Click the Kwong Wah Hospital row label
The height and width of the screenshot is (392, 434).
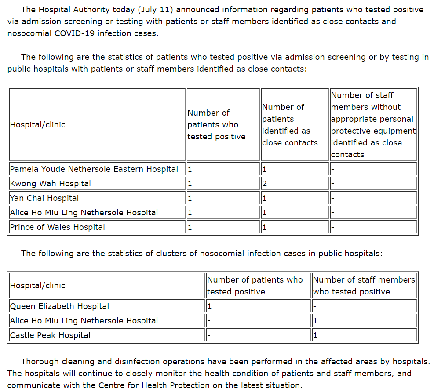tap(51, 184)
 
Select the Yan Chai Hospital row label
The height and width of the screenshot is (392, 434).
tap(44, 198)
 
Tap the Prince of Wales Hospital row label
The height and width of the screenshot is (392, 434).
tap(58, 227)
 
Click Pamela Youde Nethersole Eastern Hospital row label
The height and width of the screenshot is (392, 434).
tap(94, 169)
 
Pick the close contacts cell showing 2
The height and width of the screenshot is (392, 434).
tap(265, 184)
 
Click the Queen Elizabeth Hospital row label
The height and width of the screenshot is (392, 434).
tap(59, 306)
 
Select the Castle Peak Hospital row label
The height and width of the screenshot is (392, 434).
tap(50, 335)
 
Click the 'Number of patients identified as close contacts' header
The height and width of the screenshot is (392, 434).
tap(290, 125)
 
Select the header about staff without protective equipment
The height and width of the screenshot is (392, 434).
tap(373, 125)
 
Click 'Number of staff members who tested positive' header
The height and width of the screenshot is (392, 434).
tap(364, 286)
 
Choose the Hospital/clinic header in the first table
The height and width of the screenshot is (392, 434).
tap(37, 125)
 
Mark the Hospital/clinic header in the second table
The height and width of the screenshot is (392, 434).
tap(37, 286)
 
